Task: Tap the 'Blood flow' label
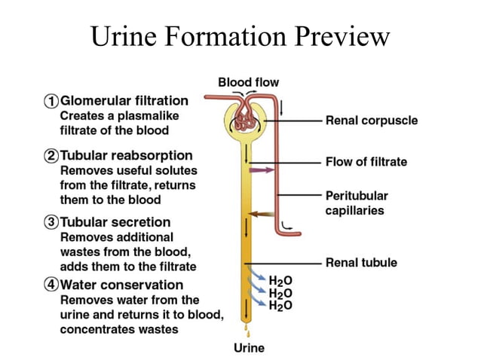[248, 82]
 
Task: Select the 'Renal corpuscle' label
[371, 120]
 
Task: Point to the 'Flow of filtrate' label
[366, 161]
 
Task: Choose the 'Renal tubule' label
[361, 263]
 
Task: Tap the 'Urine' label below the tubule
[249, 348]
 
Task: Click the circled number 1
[51, 100]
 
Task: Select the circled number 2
[51, 157]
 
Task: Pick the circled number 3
[51, 222]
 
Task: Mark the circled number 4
[51, 285]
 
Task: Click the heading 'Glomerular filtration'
[124, 100]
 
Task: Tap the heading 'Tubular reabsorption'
[124, 157]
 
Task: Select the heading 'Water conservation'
[121, 285]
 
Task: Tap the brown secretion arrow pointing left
[262, 214]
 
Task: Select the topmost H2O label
[280, 281]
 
